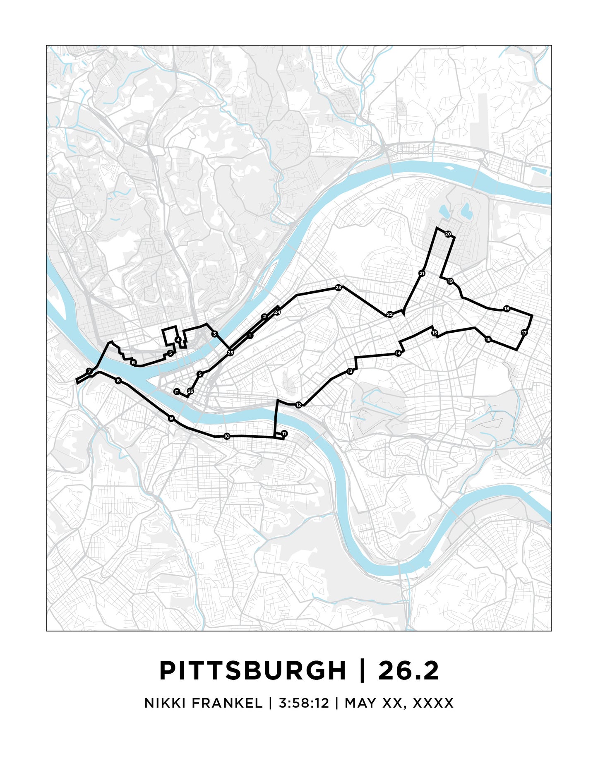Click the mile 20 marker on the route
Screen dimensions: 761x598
(x=448, y=234)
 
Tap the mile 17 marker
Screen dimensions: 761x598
(x=524, y=333)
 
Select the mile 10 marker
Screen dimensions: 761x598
(x=227, y=436)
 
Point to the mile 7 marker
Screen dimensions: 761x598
(x=89, y=371)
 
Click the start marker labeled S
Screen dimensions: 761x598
(x=200, y=374)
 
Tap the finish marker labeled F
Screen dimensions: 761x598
(x=177, y=391)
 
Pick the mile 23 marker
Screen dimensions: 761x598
(x=339, y=288)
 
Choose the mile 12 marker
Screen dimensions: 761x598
(x=299, y=405)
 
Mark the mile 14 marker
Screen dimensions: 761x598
(x=398, y=353)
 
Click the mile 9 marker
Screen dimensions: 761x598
(x=171, y=418)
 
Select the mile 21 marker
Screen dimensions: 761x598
(x=422, y=274)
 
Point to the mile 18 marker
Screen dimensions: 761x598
(x=507, y=309)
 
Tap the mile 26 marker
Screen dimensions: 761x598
(x=190, y=391)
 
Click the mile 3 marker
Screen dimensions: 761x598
(x=214, y=334)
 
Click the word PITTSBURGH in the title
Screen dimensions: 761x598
(x=252, y=670)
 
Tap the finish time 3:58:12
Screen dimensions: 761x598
(x=304, y=703)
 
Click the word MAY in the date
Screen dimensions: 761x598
(x=361, y=703)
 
